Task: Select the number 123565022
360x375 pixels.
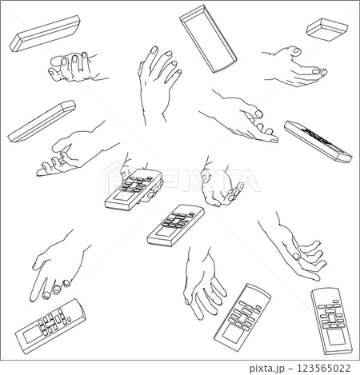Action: [324, 368]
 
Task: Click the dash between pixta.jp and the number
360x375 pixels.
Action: [290, 369]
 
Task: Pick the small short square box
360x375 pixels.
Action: [327, 30]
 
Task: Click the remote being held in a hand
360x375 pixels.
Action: [134, 189]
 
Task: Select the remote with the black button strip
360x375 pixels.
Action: [318, 142]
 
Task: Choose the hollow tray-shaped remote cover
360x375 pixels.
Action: [208, 38]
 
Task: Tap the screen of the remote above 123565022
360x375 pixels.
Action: [336, 338]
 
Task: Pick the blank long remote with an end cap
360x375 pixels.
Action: [42, 121]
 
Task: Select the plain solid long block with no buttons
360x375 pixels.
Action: [45, 34]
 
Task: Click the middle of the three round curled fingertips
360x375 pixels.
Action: [57, 289]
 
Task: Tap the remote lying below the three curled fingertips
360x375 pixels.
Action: [50, 326]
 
